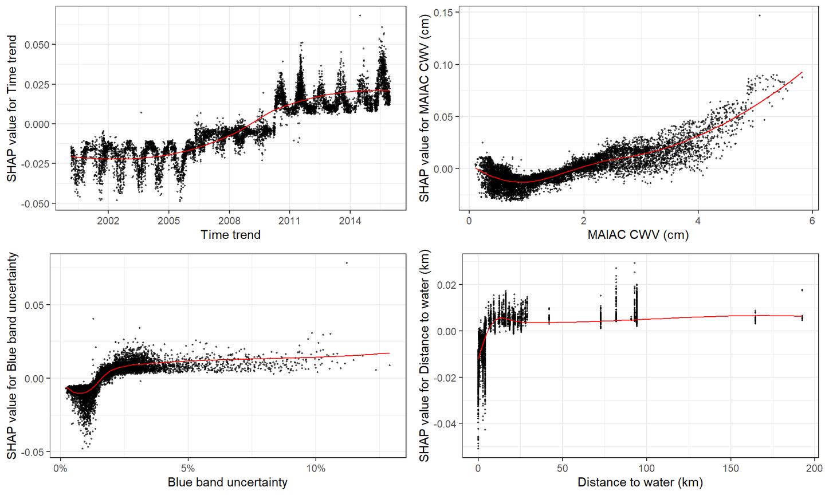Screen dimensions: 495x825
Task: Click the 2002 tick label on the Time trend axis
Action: tap(108, 221)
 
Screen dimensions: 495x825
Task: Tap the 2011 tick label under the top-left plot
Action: tap(289, 221)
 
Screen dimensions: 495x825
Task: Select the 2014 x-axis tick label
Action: tap(350, 221)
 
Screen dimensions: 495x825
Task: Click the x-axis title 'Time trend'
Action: tap(230, 235)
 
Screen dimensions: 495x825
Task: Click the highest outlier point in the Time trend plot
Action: tap(360, 15)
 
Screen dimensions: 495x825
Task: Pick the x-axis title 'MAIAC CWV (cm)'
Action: tap(638, 235)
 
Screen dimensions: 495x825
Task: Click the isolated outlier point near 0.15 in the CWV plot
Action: tap(759, 15)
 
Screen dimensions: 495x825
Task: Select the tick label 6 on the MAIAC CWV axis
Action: tap(812, 221)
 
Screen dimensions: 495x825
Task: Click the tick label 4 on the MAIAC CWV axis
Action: tap(698, 221)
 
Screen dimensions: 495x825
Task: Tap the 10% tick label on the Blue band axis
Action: tap(316, 469)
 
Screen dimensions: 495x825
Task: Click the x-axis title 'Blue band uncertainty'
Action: tap(227, 482)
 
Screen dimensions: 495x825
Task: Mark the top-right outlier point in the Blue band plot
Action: tap(347, 263)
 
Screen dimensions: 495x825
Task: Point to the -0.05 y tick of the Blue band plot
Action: tap(36, 452)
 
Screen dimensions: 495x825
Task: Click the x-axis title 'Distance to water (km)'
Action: tap(640, 482)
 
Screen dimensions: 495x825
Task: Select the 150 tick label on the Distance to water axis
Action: tap(730, 469)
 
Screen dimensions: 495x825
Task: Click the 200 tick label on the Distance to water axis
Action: tap(814, 469)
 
